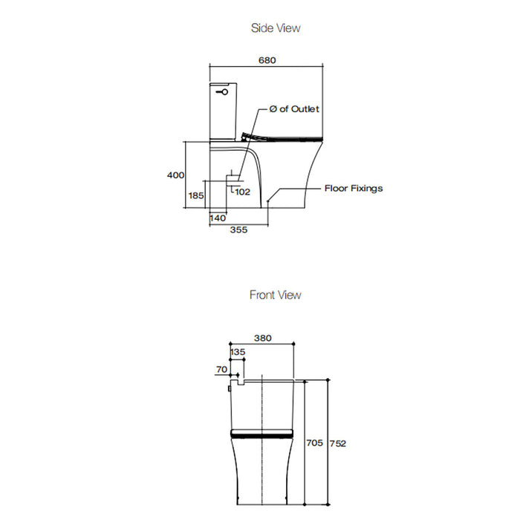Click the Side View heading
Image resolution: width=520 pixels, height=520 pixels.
coord(276,28)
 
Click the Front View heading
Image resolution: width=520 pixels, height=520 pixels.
coord(276,295)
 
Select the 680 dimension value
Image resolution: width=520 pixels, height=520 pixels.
coord(267,61)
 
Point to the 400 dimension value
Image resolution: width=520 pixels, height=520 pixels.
coord(175,175)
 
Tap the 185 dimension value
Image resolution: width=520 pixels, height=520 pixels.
coord(196,195)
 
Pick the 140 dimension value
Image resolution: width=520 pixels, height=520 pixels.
coord(218,218)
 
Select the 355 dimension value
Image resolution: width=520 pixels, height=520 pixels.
coord(238,230)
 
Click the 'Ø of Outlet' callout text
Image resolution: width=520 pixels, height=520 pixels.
coord(294,109)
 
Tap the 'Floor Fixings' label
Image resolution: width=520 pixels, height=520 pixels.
coord(354,188)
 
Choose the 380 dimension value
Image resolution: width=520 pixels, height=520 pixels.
coord(263,338)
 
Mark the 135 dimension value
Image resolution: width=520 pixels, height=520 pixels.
coord(238,351)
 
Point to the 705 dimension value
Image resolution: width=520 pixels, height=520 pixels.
coord(314,443)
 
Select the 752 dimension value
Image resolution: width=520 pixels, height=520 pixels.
coord(338,443)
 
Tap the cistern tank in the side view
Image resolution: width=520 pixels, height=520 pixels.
coord(223,111)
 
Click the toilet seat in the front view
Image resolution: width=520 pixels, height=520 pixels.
coord(263,432)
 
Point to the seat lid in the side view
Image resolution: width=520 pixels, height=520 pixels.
coord(286,137)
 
